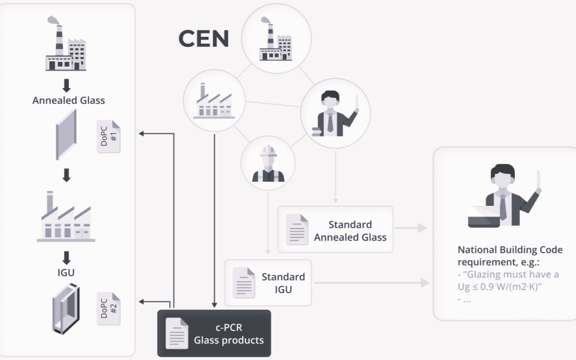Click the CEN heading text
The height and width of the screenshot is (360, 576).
click(204, 39)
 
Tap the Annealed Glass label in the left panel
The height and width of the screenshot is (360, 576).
click(69, 100)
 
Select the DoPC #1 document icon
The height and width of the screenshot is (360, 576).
click(108, 137)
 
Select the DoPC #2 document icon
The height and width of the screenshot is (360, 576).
click(108, 308)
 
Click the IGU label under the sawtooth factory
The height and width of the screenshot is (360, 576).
click(67, 273)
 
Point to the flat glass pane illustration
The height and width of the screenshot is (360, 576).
click(67, 135)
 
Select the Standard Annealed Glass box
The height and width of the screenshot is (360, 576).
click(335, 230)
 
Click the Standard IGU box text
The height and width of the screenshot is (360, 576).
click(283, 283)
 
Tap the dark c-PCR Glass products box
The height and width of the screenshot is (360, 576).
click(214, 333)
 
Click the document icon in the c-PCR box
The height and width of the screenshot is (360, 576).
click(177, 333)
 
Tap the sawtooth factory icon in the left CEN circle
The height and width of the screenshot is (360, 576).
click(214, 101)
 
